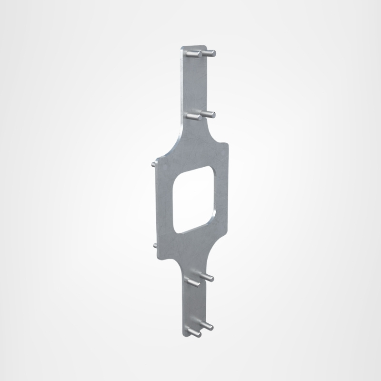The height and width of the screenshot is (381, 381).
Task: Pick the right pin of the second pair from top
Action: [209, 113]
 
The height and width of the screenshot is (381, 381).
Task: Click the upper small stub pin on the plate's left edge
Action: [152, 163]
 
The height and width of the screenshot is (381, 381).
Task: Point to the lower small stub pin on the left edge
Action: [155, 245]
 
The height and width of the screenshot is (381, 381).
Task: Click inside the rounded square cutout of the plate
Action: [193, 200]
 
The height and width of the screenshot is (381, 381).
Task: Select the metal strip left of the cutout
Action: [165, 205]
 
